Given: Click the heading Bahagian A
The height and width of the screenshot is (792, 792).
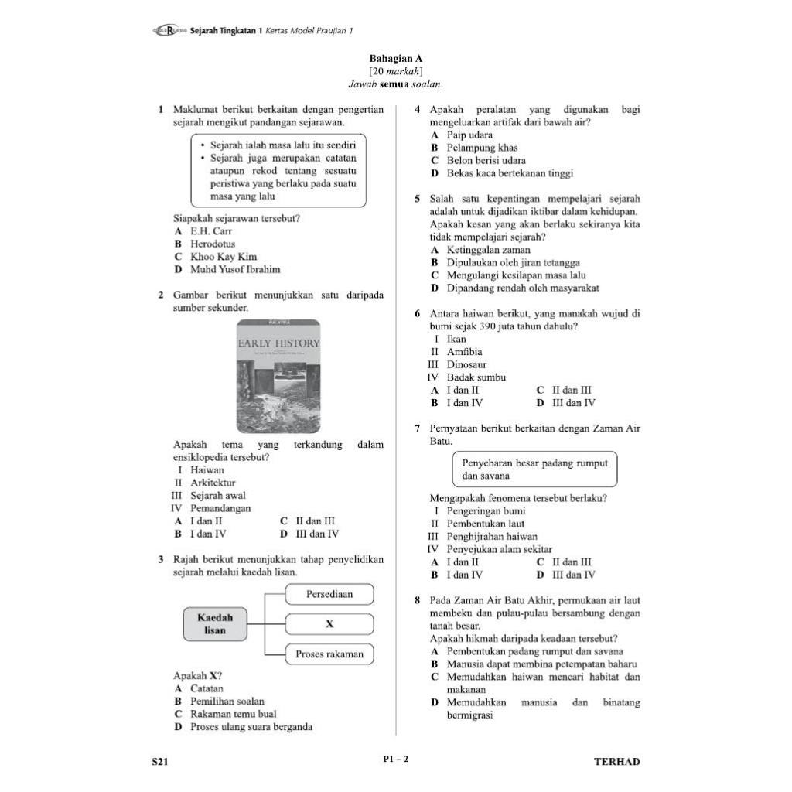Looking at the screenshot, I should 396,59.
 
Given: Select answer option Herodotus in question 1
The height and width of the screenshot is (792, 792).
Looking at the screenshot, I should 213,244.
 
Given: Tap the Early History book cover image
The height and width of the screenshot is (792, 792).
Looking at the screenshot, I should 278,376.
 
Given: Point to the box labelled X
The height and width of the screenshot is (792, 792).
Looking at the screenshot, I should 329,624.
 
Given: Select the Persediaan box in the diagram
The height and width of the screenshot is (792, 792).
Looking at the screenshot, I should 329,595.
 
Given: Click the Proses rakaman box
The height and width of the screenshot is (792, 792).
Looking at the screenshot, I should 329,654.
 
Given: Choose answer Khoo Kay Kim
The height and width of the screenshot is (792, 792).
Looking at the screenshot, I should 224,257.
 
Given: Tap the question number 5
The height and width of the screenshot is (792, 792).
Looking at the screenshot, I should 418,199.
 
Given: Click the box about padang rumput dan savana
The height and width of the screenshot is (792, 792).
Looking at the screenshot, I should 534,469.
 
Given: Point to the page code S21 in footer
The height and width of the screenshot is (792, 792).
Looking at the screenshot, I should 160,762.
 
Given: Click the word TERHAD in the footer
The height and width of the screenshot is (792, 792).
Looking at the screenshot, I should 616,762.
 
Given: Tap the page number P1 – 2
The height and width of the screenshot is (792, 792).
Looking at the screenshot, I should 396,759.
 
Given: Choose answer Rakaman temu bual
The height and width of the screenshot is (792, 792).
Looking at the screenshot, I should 233,714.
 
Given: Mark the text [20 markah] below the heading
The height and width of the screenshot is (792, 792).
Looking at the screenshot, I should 396,72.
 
